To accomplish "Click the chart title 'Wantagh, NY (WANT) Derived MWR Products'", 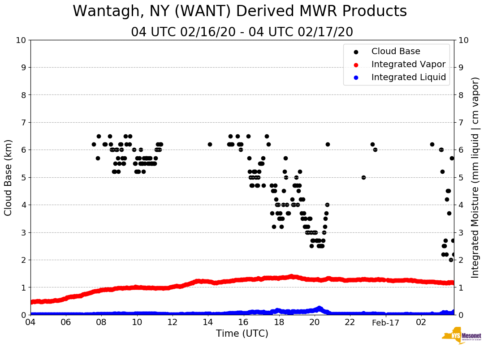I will pos(240,12).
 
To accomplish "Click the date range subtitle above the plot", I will pos(242,32).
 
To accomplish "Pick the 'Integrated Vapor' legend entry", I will pos(408,64).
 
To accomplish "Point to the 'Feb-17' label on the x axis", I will pos(385,322).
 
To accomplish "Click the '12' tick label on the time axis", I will pos(173,322).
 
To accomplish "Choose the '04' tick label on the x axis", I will pos(30,322).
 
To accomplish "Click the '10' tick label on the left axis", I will pos(21,40).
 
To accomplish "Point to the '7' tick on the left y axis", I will pos(23,123).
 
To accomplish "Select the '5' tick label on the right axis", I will pos(461,178).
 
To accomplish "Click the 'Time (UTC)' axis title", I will pos(242,334).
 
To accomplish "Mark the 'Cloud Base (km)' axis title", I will pos(9,177).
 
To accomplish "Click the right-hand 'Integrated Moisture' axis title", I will pos(475,177).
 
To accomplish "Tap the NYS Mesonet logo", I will pos(461,336).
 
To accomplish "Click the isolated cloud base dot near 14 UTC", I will pos(210,144).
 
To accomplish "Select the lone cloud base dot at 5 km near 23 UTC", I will pos(363,177).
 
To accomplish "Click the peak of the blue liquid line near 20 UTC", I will pos(319,308).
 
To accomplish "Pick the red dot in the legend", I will pos(356,64).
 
